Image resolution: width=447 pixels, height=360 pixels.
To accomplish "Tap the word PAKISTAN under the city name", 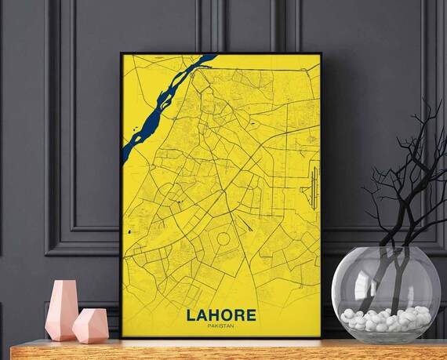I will (x=221, y=326).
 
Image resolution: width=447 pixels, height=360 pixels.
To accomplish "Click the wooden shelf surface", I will (x=235, y=351).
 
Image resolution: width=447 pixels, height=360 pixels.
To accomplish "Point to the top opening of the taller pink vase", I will (x=64, y=283).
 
